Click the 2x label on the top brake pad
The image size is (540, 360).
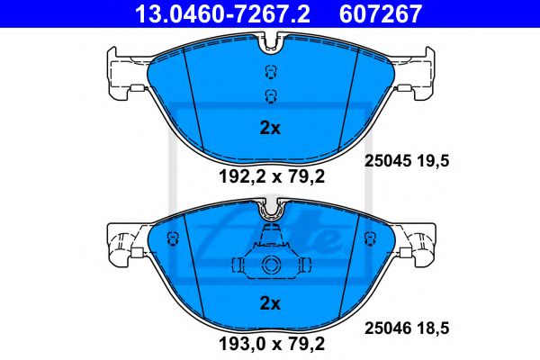[270, 128]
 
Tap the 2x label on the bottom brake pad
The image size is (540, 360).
[270, 302]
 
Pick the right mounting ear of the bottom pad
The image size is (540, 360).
[419, 241]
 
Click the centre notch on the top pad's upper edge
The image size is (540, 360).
[270, 40]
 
